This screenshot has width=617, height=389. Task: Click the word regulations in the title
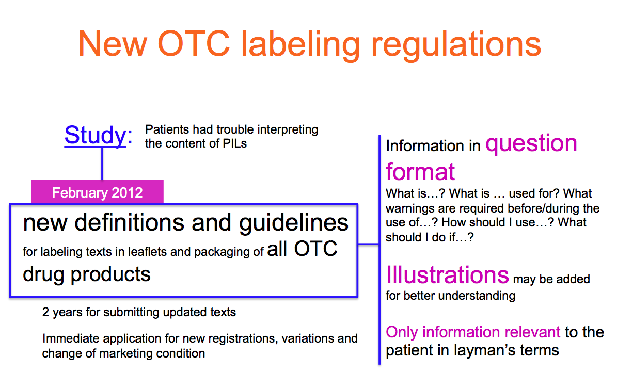pyautogui.click(x=454, y=44)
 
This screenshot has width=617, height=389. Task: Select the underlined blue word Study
pyautogui.click(x=95, y=135)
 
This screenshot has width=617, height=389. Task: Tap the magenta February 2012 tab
pyautogui.click(x=97, y=193)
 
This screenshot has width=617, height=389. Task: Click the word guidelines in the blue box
pyautogui.click(x=294, y=223)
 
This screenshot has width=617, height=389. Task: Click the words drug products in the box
pyautogui.click(x=87, y=273)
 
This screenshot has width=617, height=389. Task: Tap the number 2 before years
pyautogui.click(x=45, y=312)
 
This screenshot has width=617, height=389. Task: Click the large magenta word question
pyautogui.click(x=531, y=144)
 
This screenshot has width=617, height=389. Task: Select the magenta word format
pyautogui.click(x=420, y=171)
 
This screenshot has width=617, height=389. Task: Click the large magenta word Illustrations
pyautogui.click(x=447, y=275)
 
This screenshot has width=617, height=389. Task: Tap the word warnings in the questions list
pyautogui.click(x=410, y=208)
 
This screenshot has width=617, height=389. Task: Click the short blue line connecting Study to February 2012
pyautogui.click(x=102, y=164)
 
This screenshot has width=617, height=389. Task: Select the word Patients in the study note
pyautogui.click(x=166, y=129)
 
